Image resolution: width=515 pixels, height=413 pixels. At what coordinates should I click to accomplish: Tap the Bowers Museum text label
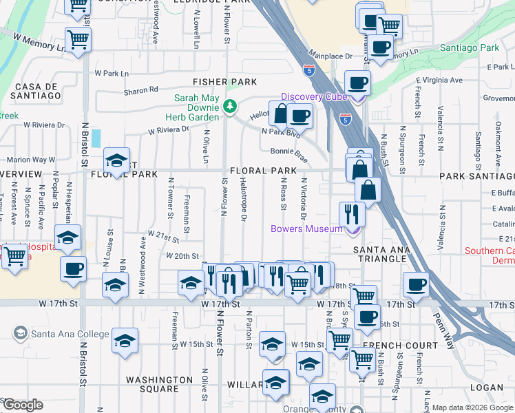pos(306,229)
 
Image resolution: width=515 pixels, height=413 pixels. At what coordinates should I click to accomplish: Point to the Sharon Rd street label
pos(141,89)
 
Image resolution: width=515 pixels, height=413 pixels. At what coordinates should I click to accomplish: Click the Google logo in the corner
pos(23,405)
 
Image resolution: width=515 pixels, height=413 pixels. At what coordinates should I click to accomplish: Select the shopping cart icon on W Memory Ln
pos(78,39)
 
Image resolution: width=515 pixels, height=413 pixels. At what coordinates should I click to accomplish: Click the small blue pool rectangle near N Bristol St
pos(95,138)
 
